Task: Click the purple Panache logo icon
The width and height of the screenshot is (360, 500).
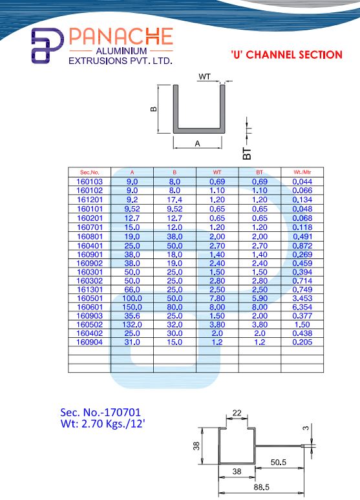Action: point(47,46)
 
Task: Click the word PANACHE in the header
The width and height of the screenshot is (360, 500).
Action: point(121,36)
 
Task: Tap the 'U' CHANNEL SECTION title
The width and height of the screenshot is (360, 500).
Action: point(286,54)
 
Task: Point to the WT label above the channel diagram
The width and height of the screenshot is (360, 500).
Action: point(204,76)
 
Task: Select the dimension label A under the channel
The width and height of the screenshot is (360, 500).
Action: point(198,144)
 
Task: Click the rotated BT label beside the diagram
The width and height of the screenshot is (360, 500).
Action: point(247,153)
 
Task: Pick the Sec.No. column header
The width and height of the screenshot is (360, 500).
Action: point(90,172)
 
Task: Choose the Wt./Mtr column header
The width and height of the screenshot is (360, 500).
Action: point(302,172)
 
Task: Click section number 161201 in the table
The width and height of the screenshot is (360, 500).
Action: point(90,200)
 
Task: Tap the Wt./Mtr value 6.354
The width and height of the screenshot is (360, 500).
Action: point(302,307)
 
